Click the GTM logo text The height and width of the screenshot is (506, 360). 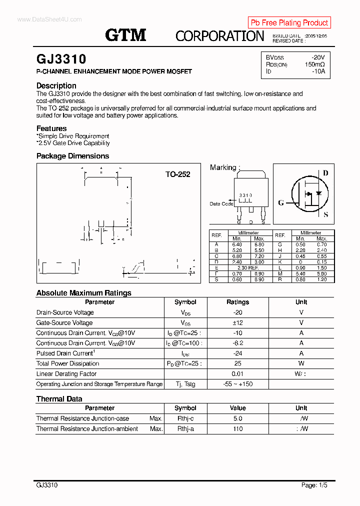(x=125, y=35)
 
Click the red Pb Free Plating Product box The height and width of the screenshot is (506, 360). (x=289, y=22)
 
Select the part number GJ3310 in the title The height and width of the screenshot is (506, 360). (x=61, y=60)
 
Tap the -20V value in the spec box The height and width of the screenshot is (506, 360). (x=317, y=57)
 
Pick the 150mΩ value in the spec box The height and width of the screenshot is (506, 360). (x=314, y=64)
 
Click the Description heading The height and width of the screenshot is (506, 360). (x=56, y=85)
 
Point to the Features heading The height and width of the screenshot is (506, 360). (x=51, y=128)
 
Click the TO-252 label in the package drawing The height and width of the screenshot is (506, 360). (x=178, y=174)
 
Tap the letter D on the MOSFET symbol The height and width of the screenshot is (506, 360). (x=325, y=173)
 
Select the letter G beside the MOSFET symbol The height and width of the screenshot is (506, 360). (x=281, y=202)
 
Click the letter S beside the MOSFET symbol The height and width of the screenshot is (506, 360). (x=326, y=215)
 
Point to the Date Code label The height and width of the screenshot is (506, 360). (x=221, y=203)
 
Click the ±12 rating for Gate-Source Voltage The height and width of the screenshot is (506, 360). (x=237, y=323)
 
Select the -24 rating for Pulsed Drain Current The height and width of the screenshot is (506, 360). (x=237, y=353)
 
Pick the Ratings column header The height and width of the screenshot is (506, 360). (x=237, y=302)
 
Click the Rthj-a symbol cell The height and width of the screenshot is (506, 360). (x=185, y=429)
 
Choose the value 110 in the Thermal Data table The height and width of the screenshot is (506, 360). (x=237, y=429)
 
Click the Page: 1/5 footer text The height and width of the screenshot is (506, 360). (x=314, y=485)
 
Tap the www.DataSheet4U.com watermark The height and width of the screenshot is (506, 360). (x=42, y=19)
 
